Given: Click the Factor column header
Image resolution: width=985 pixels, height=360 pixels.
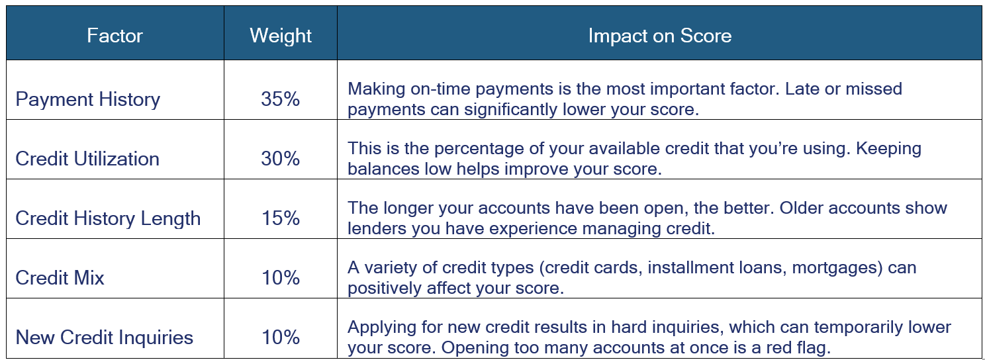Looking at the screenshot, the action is (x=115, y=36).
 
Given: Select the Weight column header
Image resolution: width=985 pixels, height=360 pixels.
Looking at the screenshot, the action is (x=281, y=36).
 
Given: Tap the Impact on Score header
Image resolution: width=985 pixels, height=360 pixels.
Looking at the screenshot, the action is (x=659, y=36).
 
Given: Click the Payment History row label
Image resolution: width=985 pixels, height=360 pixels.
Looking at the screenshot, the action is (x=87, y=99).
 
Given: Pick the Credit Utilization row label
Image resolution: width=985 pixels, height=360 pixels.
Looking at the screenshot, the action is (x=87, y=159).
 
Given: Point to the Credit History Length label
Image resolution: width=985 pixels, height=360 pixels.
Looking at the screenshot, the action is (x=108, y=218).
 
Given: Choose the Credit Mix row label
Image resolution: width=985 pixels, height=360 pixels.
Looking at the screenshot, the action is (x=60, y=278).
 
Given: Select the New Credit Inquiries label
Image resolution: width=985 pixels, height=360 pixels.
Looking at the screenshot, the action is (x=104, y=337).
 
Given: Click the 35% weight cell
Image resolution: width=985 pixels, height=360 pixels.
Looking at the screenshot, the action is (x=280, y=99).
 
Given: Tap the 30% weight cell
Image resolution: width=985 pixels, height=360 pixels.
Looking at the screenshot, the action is (x=280, y=158).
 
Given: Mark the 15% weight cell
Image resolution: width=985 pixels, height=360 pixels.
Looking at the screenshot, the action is (x=280, y=218).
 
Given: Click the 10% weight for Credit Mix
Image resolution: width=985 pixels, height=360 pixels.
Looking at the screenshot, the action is (x=280, y=277).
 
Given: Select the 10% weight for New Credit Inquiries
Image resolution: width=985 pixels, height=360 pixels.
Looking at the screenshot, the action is (x=280, y=337).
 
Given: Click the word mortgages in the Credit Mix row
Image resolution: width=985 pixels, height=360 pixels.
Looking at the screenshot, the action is (x=835, y=268).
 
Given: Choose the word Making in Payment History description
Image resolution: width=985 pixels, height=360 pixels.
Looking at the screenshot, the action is (x=377, y=89).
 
